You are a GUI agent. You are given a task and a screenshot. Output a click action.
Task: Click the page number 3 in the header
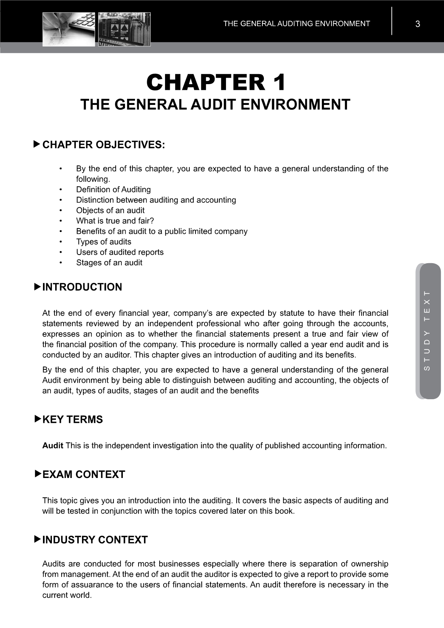(418, 24)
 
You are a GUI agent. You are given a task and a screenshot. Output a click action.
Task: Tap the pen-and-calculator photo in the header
(69, 29)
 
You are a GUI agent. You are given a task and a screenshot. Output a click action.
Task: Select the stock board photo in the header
(124, 29)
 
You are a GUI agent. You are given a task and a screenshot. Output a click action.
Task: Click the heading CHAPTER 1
(216, 82)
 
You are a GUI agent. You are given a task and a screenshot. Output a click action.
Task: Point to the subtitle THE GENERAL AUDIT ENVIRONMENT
(215, 105)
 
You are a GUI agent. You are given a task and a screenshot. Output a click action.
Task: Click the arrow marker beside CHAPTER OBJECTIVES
(37, 144)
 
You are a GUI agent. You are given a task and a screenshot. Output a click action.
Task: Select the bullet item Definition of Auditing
(113, 189)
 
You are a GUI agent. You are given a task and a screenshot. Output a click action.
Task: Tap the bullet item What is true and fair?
(115, 221)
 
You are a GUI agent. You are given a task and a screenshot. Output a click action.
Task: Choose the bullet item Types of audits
(103, 242)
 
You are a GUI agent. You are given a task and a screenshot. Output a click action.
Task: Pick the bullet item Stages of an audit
(109, 262)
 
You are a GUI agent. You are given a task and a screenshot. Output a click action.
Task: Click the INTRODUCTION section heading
(82, 287)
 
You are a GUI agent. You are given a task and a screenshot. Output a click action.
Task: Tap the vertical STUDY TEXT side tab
(428, 331)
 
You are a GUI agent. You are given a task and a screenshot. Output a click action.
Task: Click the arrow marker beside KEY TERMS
(37, 419)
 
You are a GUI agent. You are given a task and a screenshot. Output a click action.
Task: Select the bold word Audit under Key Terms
(53, 446)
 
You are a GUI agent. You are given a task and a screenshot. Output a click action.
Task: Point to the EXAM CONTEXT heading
(83, 474)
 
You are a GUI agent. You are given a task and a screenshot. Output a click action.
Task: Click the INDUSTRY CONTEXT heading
(95, 540)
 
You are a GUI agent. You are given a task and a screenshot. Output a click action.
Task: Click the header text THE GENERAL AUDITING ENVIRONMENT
(296, 24)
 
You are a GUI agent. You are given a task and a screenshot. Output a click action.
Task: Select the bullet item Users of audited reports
(120, 252)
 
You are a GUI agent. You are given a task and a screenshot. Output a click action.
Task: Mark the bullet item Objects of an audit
(110, 210)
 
